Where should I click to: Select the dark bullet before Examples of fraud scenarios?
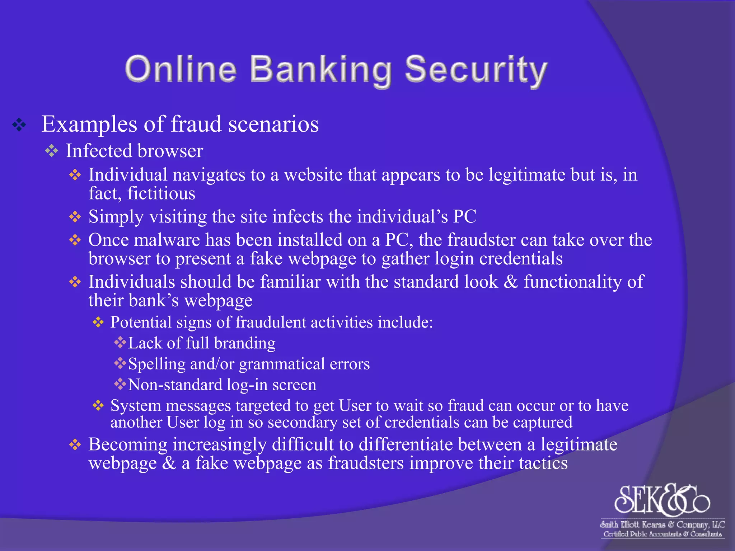(x=19, y=125)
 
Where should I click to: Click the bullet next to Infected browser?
(x=52, y=151)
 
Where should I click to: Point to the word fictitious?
(x=161, y=193)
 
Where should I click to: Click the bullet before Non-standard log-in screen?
(x=120, y=384)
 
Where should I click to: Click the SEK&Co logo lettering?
(x=661, y=499)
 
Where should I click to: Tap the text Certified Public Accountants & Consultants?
(x=662, y=534)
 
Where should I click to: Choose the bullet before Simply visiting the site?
(x=75, y=217)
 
